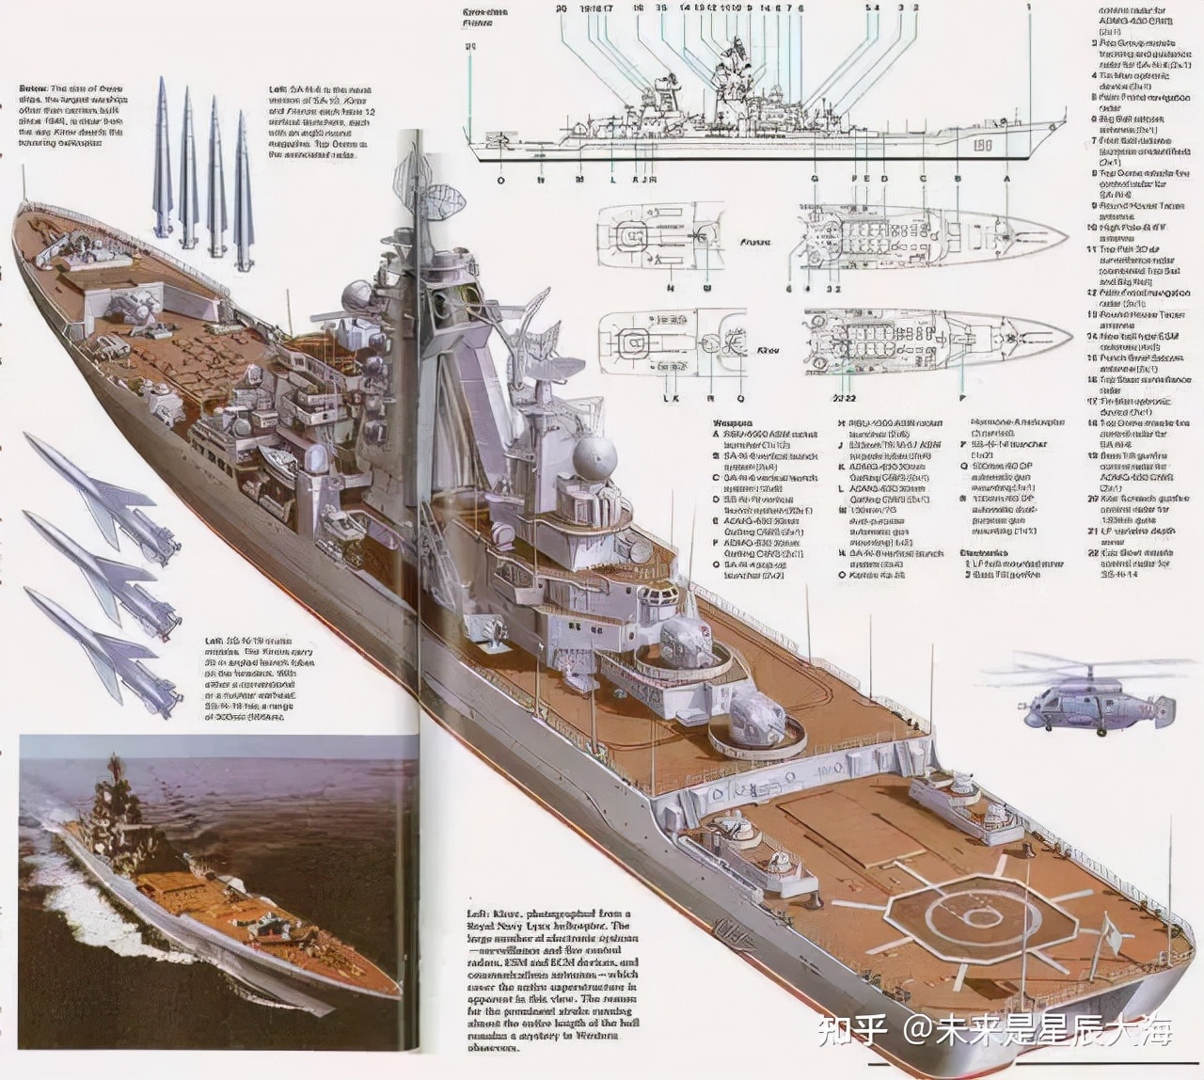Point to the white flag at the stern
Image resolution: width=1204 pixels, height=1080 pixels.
tap(1109, 935)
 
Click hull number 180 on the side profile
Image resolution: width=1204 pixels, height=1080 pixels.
tap(985, 147)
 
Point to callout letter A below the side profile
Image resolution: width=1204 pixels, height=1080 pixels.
tap(1006, 179)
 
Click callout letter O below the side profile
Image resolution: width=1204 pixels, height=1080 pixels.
tap(500, 179)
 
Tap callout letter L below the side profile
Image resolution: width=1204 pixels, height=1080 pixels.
tap(612, 179)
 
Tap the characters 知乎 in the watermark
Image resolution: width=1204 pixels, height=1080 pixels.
tap(852, 1031)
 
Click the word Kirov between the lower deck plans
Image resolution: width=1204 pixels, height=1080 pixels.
tap(768, 349)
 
